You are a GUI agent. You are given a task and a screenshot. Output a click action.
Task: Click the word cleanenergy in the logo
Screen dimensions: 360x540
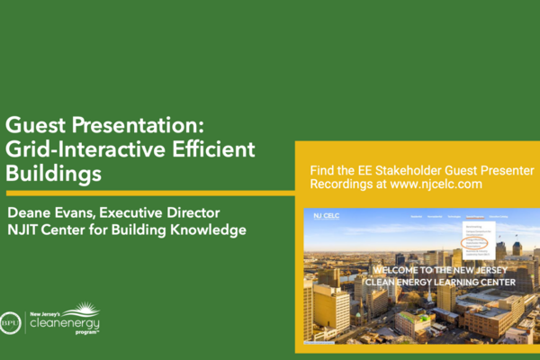coord(65,322)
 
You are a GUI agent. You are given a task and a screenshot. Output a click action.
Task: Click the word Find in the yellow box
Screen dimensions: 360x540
coord(321,168)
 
